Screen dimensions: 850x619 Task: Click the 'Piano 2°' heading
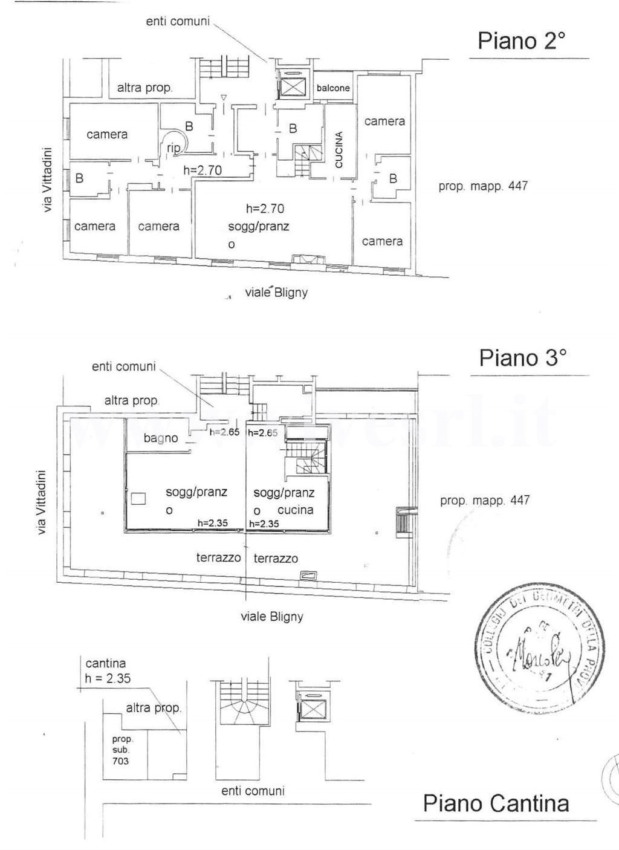pos(521,41)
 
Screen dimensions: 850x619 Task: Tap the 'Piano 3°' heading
pos(522,357)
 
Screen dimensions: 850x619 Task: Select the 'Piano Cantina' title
pos(496,803)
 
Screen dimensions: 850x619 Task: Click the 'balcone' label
pos(333,88)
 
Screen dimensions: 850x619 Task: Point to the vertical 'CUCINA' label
pos(339,149)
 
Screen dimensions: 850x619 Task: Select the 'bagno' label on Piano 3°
pos(161,438)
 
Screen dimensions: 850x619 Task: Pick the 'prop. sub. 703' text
pos(121,750)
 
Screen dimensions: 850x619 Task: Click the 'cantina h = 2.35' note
pos(107,671)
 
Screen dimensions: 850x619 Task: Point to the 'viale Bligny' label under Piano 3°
pos(271,617)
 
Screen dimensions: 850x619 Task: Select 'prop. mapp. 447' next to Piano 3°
pos(484,500)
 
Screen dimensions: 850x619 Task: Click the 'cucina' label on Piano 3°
pos(295,510)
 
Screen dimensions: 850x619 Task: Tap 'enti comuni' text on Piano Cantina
pos(253,791)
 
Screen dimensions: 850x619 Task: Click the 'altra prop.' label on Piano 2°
pos(144,88)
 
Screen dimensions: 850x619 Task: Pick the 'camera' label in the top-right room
pos(384,121)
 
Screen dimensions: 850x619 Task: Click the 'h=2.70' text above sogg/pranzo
pos(265,209)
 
